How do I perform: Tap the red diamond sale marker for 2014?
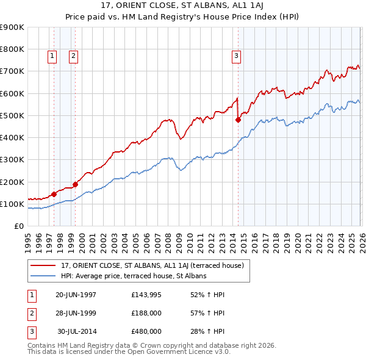click(238, 120)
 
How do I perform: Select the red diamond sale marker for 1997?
click(54, 194)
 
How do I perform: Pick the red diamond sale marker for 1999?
click(76, 184)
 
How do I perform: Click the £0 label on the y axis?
click(19, 226)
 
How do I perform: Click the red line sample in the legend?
click(43, 265)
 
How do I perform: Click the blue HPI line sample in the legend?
click(43, 276)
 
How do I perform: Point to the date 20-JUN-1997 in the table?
click(76, 295)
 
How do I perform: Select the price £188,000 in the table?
click(146, 313)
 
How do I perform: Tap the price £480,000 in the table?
click(146, 331)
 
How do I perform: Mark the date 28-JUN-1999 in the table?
click(76, 313)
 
